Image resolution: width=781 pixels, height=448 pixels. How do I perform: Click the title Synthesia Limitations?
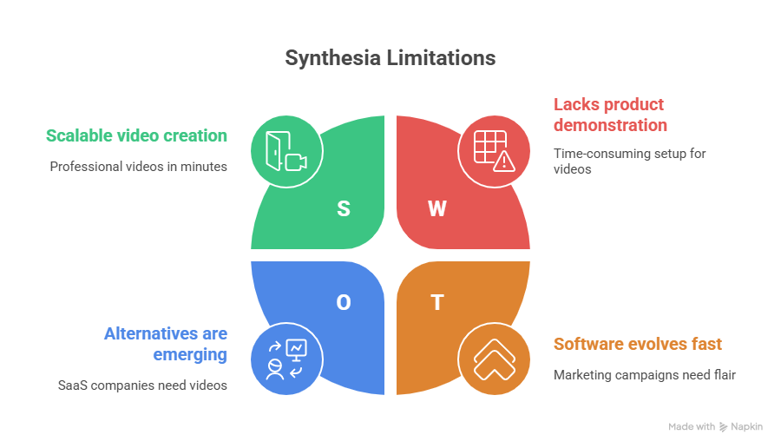(390, 58)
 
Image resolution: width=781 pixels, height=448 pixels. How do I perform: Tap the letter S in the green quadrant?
(344, 208)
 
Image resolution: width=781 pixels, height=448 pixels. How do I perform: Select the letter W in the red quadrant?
(437, 208)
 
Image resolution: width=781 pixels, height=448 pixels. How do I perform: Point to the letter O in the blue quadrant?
(344, 302)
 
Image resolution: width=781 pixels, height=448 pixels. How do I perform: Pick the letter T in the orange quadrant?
(437, 302)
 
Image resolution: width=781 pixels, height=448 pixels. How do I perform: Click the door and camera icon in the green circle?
(286, 151)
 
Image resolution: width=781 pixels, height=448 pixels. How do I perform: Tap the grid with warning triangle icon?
(494, 151)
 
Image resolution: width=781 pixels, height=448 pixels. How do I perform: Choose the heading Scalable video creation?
(136, 135)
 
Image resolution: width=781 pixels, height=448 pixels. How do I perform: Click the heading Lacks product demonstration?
(610, 115)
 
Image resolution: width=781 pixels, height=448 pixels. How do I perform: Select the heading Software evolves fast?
(638, 344)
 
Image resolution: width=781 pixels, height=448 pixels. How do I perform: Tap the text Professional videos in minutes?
(138, 166)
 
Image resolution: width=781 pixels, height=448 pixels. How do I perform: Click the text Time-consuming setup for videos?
(617, 161)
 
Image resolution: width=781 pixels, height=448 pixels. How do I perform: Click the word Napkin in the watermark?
(747, 427)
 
